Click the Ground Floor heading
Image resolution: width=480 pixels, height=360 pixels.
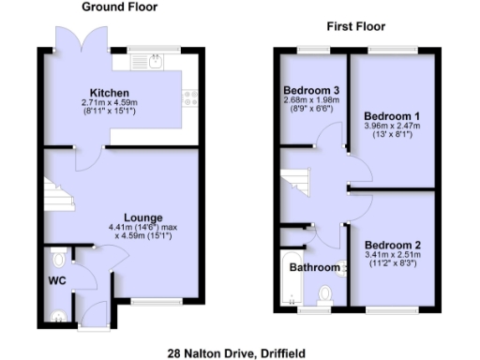[x=119, y=7]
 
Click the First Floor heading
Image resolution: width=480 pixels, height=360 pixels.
[x=355, y=27]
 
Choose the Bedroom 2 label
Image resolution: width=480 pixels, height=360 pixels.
[x=393, y=246]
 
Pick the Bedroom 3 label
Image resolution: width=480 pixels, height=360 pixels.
[x=311, y=91]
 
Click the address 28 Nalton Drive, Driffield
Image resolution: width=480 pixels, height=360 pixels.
[x=236, y=352]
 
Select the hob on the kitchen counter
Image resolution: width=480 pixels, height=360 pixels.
[x=189, y=96]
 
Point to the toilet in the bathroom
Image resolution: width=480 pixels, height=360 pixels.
[x=325, y=293]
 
